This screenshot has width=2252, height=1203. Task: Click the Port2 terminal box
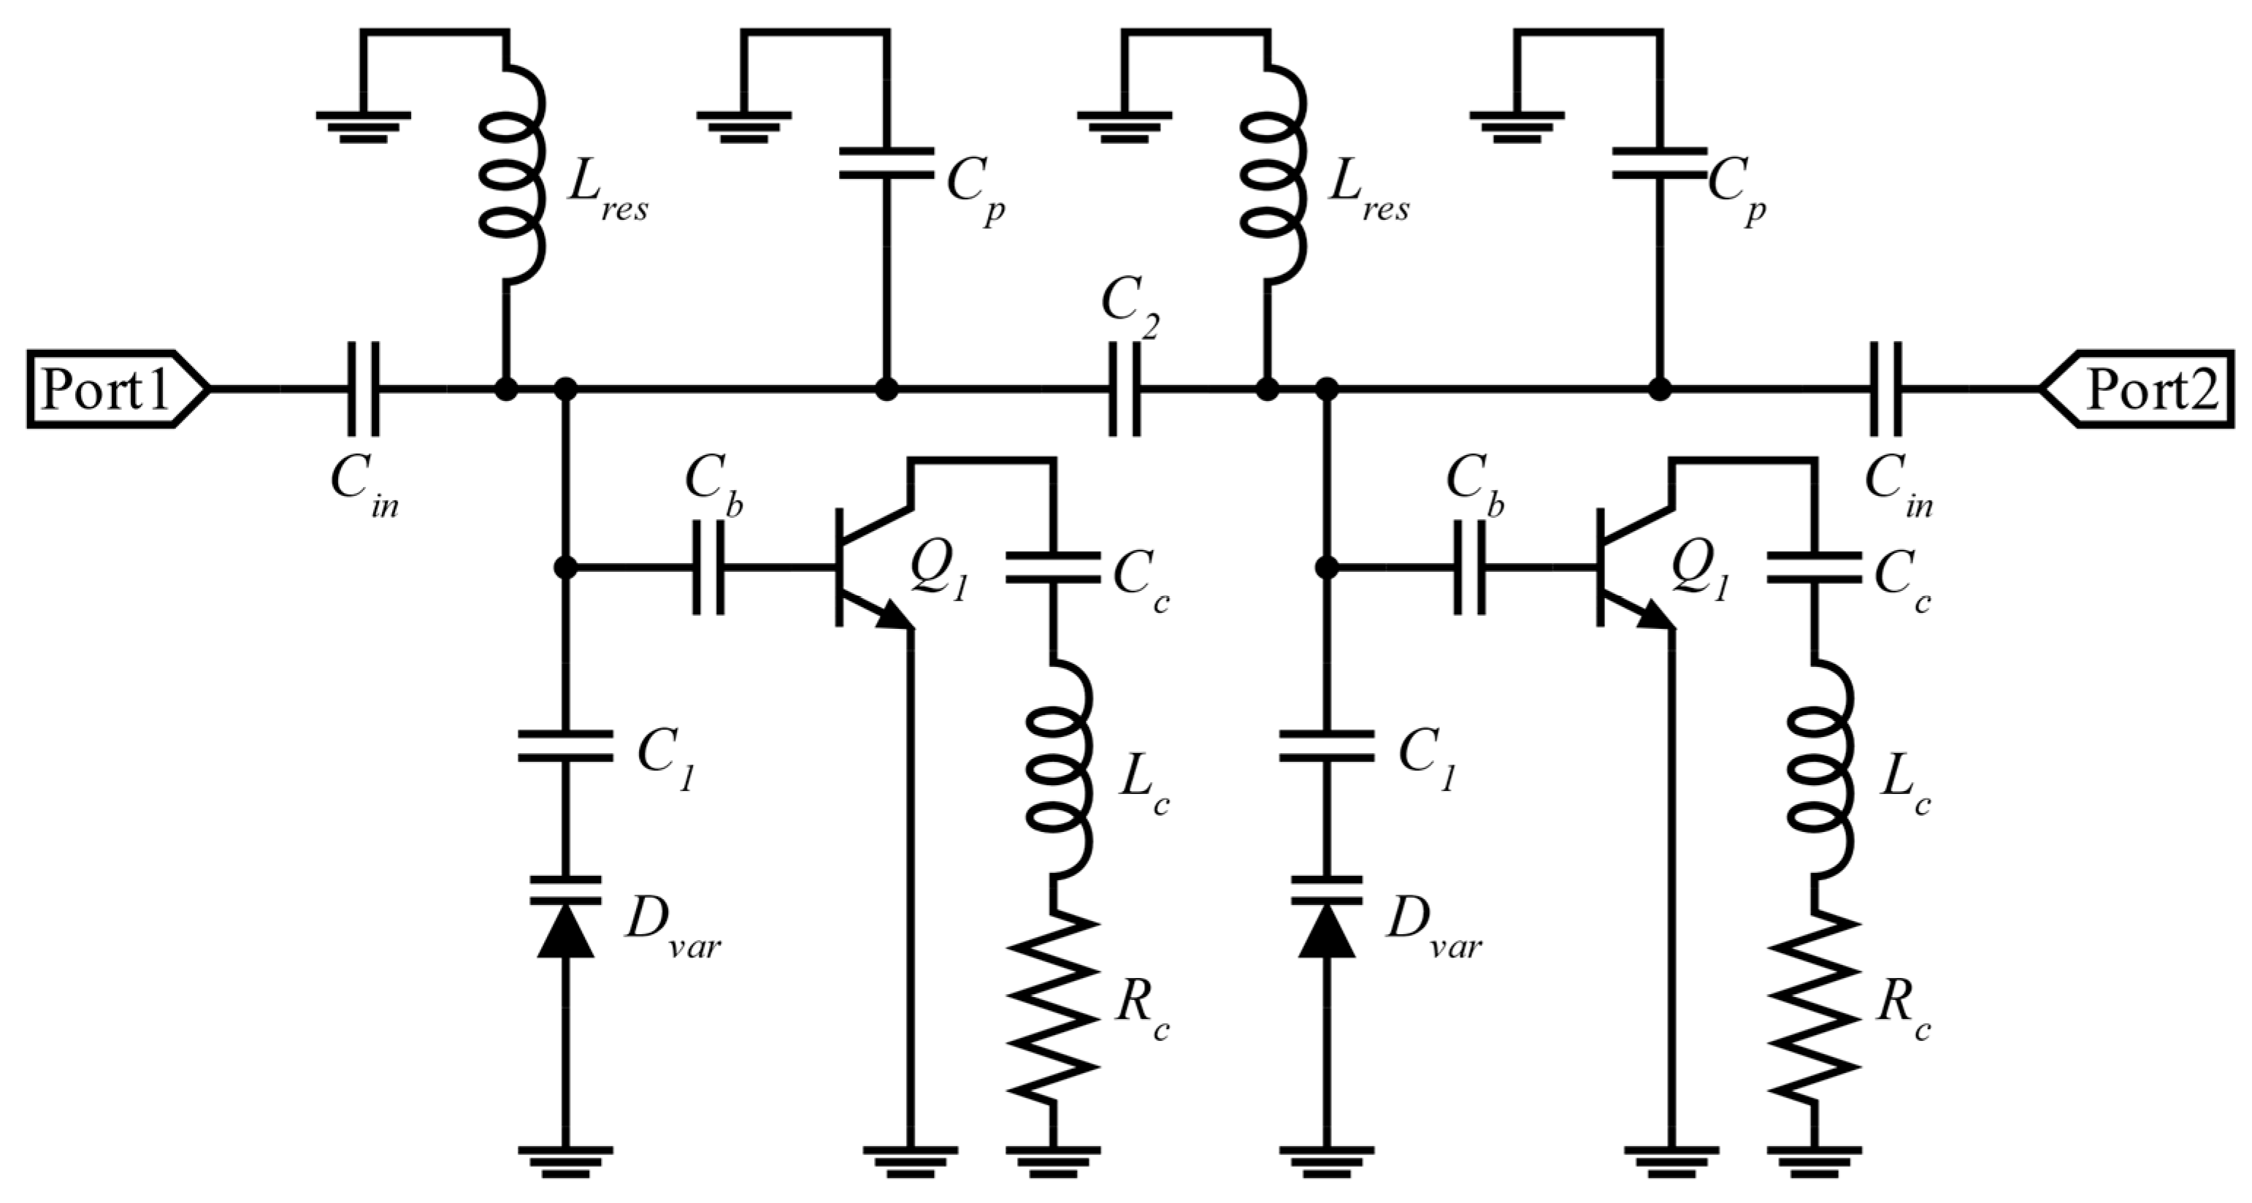coord(2142,389)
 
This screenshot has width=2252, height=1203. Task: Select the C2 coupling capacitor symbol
coord(1125,389)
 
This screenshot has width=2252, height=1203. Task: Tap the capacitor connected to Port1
coord(363,389)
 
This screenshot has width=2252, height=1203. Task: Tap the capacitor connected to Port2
coord(1885,389)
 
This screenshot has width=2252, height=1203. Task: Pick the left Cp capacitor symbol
coord(886,164)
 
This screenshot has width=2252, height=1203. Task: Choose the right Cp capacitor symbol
coord(1658,164)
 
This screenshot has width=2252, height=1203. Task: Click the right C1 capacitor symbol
coord(1327,745)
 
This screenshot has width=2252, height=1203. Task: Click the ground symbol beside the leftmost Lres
coord(363,125)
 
